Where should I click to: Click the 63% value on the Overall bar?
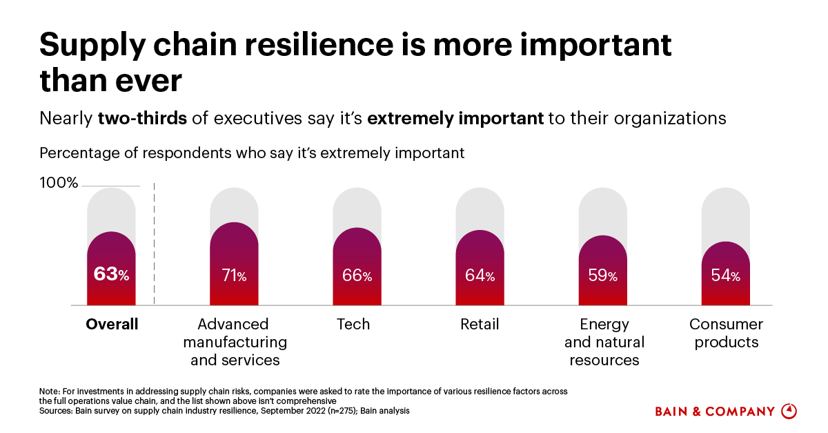pos(111,274)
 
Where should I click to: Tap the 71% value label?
pos(234,276)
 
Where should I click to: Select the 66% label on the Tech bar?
pos(357,276)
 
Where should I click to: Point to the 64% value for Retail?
pos(480,276)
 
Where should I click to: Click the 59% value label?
pos(602,276)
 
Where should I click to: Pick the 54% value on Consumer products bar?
pos(725,276)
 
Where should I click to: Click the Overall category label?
pos(112,324)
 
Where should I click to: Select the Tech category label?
pos(353,324)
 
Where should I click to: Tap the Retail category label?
pos(480,324)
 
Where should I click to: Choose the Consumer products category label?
pos(726,333)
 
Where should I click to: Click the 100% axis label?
pos(59,183)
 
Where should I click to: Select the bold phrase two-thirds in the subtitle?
pos(142,118)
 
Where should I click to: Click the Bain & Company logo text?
pos(714,412)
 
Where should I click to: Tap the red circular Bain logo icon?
pos(789,411)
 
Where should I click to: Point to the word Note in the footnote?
pos(49,392)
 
